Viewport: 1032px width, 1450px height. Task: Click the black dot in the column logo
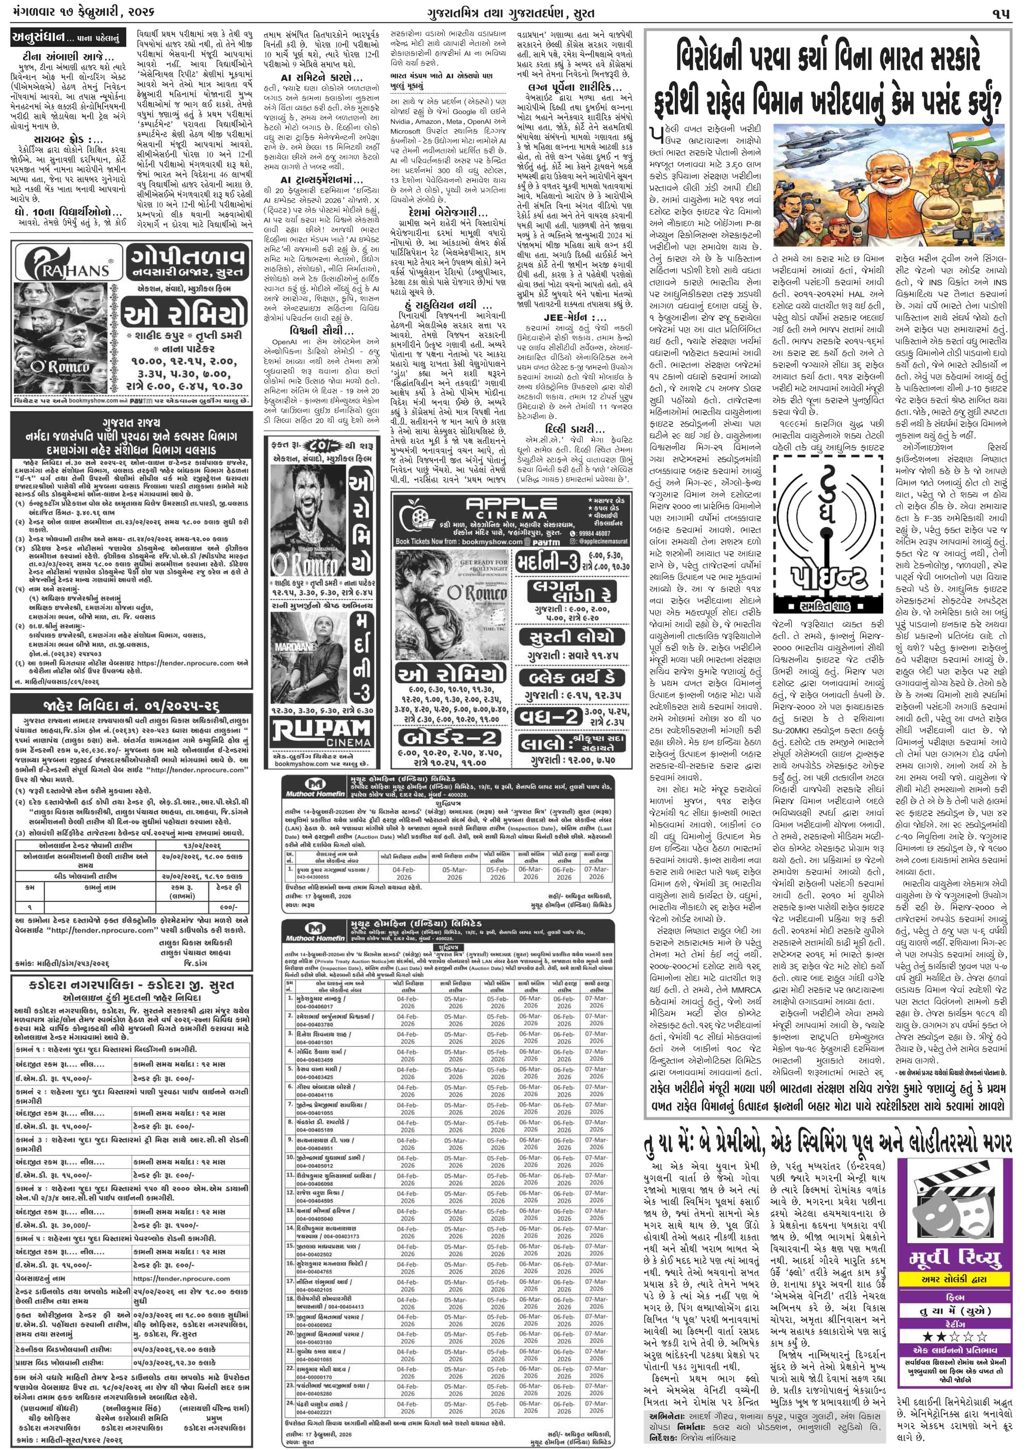coord(827,508)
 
